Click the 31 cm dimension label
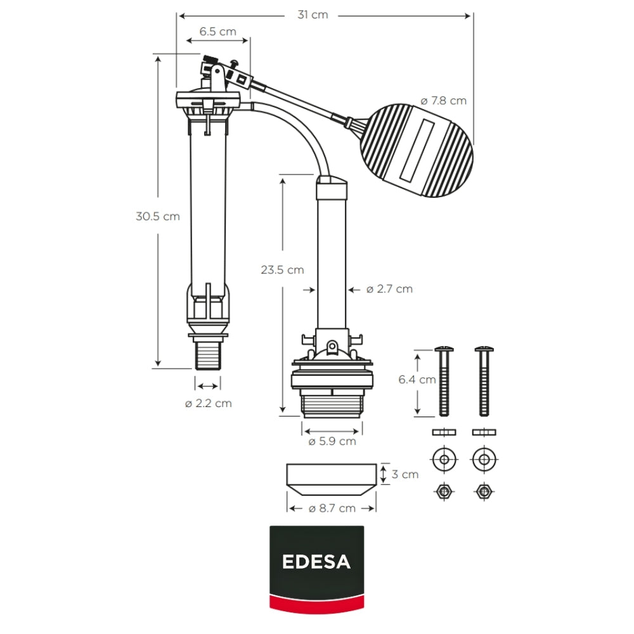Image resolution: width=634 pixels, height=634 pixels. [313, 15]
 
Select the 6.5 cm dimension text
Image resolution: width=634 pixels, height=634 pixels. [217, 31]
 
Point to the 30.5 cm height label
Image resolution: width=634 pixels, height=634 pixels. [158, 216]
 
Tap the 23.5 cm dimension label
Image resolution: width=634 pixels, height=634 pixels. [282, 269]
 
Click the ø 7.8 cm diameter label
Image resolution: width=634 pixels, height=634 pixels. [443, 100]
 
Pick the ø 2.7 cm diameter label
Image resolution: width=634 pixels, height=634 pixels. [389, 289]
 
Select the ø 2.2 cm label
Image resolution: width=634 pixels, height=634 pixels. [208, 403]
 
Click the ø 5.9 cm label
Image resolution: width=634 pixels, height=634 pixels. [332, 441]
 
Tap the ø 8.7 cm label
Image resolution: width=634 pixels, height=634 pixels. [332, 508]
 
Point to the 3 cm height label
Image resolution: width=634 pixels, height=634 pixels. [404, 474]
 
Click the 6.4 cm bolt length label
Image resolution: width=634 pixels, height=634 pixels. [417, 380]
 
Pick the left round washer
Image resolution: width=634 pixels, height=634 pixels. [444, 459]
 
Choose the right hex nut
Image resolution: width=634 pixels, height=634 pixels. [484, 491]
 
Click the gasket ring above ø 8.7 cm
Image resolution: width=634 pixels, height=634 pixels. [332, 480]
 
